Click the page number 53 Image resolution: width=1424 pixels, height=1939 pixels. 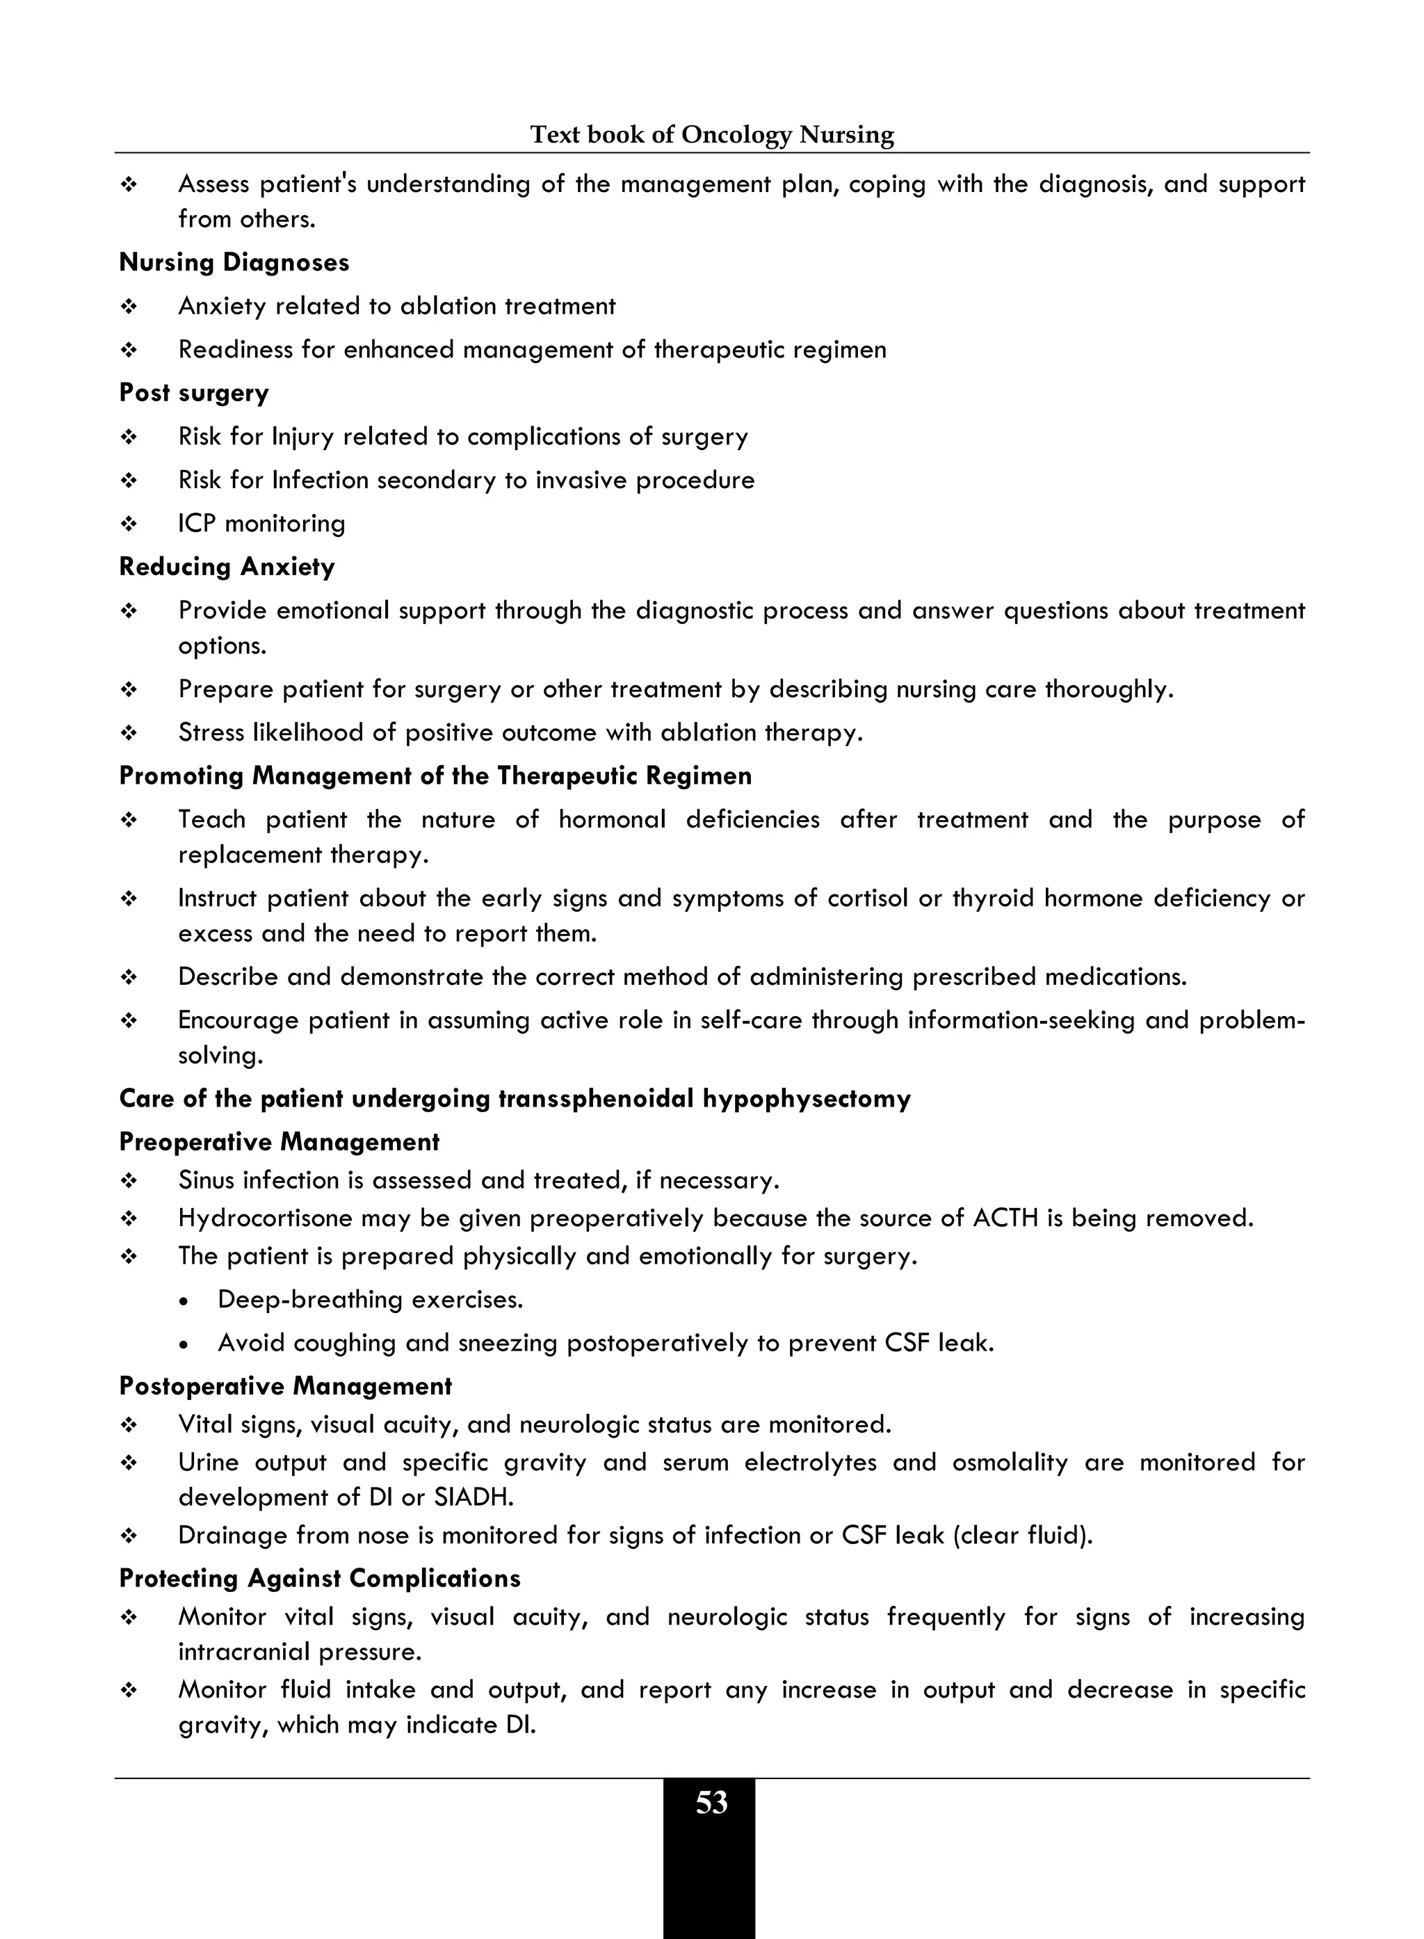[711, 1803]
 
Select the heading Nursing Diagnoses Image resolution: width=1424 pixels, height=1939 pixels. [234, 262]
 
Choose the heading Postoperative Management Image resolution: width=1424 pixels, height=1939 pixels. [285, 1385]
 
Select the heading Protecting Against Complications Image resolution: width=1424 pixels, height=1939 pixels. [320, 1578]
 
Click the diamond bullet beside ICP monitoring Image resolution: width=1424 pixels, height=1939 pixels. [129, 524]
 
